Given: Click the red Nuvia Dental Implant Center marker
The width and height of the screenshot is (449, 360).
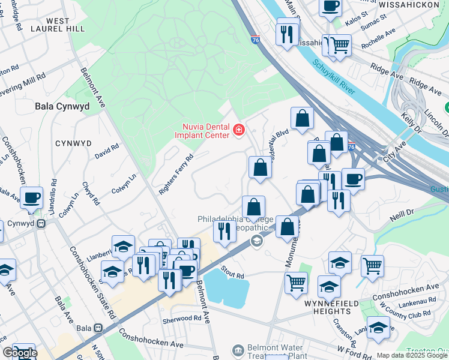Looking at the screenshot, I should coord(239,130).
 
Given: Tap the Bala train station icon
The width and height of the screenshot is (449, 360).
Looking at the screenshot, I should coord(98,329).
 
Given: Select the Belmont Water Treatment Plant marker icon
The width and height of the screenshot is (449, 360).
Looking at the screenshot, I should coord(238,349).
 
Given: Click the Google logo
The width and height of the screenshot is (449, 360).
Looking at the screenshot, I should coord(20,353).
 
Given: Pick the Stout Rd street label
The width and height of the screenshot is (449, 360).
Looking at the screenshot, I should coord(232,274).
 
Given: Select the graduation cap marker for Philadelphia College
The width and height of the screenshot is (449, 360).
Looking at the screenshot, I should coord(256,241).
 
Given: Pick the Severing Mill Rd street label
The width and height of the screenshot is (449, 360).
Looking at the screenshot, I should coord(24,82).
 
